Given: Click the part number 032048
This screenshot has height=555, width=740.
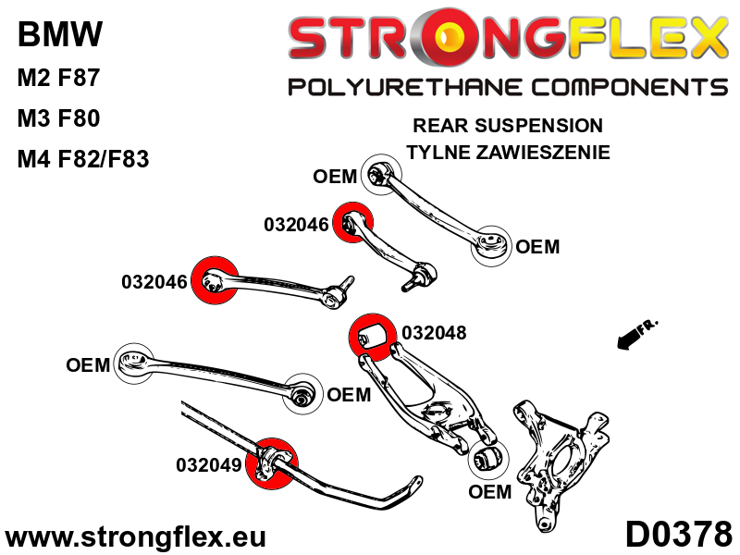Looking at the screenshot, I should (x=434, y=333).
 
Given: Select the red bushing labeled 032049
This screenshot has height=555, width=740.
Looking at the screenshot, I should (x=273, y=460).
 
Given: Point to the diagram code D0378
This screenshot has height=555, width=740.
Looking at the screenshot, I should (x=678, y=535).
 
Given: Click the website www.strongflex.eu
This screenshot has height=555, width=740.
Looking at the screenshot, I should (x=136, y=536).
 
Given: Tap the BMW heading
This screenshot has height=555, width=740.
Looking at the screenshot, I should (x=60, y=36).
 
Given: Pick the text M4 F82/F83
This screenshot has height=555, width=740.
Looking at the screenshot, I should (x=83, y=159).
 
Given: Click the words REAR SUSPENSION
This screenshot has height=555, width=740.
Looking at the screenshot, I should (x=508, y=126).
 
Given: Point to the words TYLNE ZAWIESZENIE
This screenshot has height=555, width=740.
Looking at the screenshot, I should (x=508, y=152).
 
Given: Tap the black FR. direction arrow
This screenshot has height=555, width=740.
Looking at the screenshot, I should (x=635, y=334).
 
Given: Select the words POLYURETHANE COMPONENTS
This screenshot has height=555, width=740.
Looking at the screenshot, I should (x=508, y=87).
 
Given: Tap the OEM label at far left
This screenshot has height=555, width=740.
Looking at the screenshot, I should (x=88, y=365).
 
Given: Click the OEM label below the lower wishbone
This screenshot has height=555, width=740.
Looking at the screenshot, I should (x=489, y=491).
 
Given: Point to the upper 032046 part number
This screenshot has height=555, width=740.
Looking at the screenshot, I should (x=296, y=225).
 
